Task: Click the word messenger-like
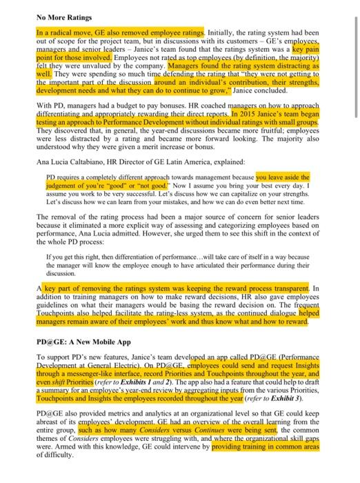(81, 375)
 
